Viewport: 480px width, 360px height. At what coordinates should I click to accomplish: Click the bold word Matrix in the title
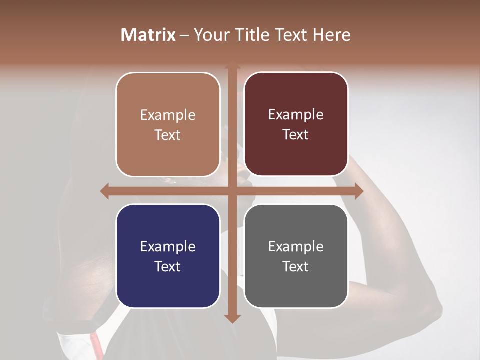pos(148,35)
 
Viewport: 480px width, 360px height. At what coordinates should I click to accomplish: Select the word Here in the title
pos(331,35)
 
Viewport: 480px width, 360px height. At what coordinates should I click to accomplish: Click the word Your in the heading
pos(210,35)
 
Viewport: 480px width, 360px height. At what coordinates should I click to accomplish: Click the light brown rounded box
pos(168,124)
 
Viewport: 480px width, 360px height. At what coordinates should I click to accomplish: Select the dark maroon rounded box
pos(296,124)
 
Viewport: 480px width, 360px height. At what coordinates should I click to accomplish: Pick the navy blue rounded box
pos(168,256)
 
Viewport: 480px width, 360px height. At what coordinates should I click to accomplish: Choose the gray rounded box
pos(296,256)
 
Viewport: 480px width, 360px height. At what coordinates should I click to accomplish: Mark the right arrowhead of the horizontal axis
pos(359,191)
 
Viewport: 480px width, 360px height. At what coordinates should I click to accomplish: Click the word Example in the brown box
pos(168,115)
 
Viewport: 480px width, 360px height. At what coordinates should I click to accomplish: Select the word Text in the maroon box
pos(296,134)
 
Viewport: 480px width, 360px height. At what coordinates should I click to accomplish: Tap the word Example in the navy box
pos(168,246)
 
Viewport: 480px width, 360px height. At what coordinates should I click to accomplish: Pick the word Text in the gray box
pos(296,266)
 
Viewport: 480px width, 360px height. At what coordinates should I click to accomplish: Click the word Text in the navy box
pos(168,266)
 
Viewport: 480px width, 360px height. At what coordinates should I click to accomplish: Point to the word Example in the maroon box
pos(296,114)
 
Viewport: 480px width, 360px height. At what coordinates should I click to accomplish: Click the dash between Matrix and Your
pos(184,35)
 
